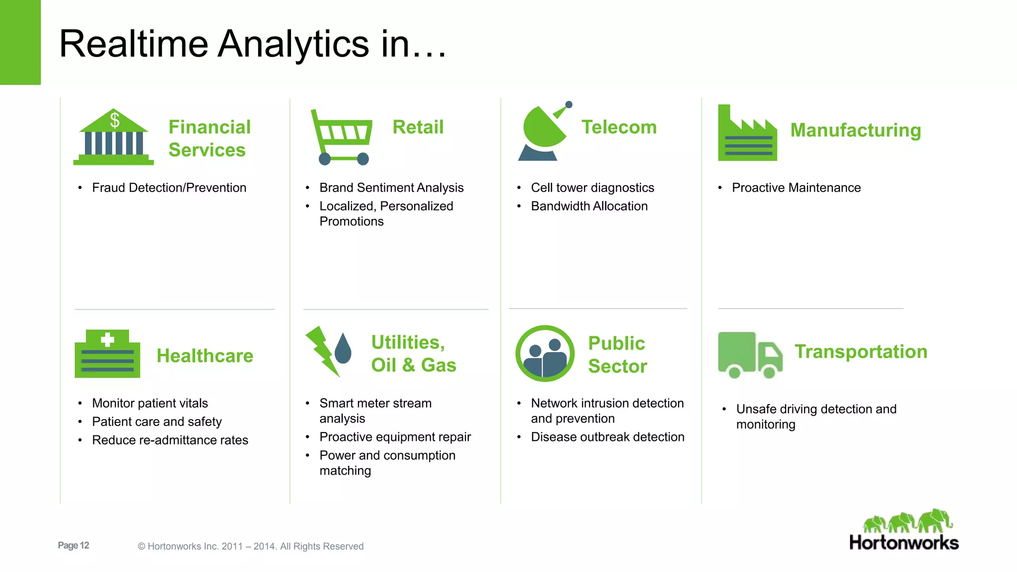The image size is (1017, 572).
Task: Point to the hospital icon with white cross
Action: pos(107,354)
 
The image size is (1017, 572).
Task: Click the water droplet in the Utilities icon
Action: pos(343,349)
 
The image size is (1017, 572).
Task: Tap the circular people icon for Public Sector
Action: pos(545,354)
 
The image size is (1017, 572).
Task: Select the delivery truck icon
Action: pos(750,355)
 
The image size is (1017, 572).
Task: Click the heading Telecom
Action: pos(619,127)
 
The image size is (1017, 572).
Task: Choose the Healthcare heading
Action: pos(205,356)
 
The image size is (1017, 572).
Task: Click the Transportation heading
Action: pos(861,352)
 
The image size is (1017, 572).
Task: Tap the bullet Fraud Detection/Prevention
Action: pos(169,188)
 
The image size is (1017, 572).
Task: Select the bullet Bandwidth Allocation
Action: pos(589,206)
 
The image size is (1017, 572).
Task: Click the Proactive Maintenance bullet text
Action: pos(796,188)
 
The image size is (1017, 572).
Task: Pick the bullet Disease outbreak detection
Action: pos(607,437)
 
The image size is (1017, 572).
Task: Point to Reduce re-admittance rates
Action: pos(170,440)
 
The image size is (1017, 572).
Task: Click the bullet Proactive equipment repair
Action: pos(395,437)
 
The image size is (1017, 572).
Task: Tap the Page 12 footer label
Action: pos(73,545)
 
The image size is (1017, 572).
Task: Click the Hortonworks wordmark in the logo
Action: pos(904,543)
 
